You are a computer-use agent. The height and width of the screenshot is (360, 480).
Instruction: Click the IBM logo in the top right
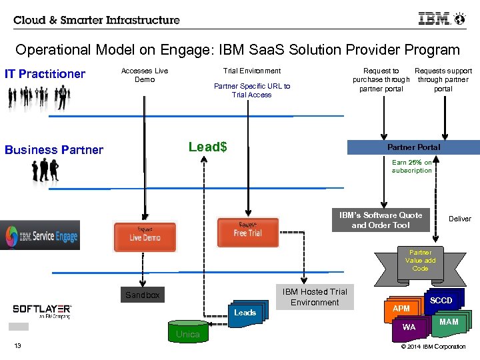[434, 19]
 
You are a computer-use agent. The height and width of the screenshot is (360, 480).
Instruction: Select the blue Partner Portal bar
[413, 147]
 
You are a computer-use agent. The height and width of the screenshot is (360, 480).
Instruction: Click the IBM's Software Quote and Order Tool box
[381, 221]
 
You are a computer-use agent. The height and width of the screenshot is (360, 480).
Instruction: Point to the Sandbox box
[143, 295]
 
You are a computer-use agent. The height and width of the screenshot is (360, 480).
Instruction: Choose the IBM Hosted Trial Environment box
[315, 297]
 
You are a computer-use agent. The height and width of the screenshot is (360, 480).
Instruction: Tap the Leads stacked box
[245, 313]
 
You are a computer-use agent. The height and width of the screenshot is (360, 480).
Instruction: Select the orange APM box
[401, 309]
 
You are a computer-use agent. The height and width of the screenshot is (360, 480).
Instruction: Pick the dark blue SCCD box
[441, 301]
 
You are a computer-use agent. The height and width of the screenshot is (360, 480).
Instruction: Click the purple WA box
[409, 327]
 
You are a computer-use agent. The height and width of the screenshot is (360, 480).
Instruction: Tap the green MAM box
[449, 322]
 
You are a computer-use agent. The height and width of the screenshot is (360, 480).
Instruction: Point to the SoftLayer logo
[42, 311]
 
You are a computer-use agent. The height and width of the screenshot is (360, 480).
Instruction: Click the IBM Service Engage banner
[40, 235]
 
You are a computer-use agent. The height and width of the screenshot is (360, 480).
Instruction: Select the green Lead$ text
[207, 147]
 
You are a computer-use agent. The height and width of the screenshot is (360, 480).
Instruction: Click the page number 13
[18, 345]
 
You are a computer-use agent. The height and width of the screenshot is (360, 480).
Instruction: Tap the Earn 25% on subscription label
[412, 167]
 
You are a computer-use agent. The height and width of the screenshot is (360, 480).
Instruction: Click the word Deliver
[459, 219]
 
